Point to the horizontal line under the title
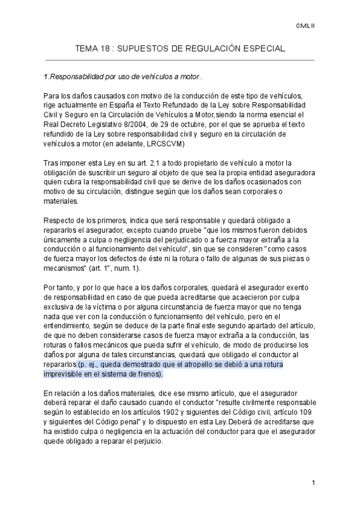[x=179, y=60]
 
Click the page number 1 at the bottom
[x=313, y=482]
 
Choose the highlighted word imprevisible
[x=67, y=373]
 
